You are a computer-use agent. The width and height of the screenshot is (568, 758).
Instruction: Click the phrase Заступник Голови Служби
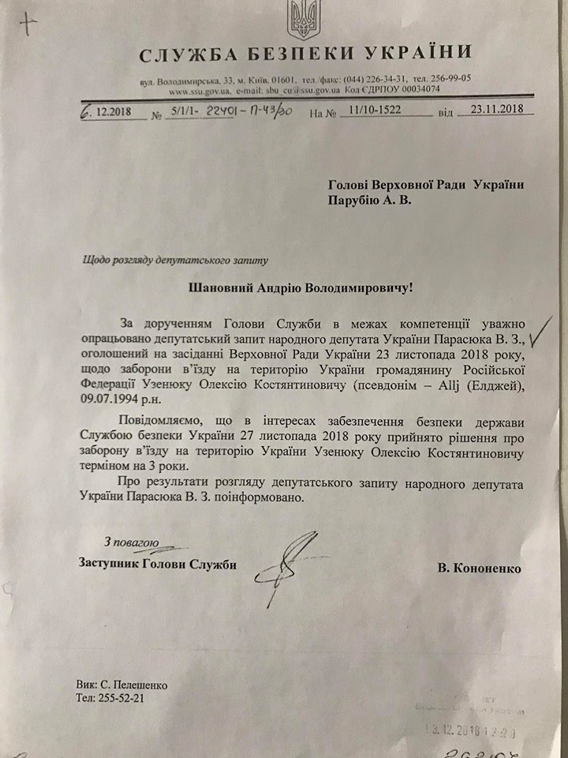(x=158, y=563)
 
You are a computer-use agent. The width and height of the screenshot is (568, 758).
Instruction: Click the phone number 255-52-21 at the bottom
(x=119, y=698)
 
